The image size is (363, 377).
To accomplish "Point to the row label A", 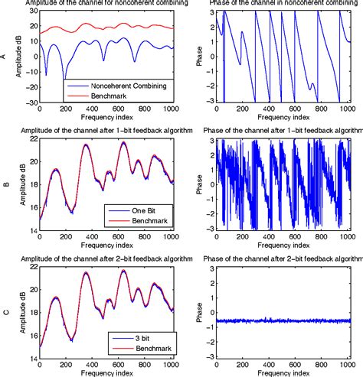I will pyautogui.click(x=8, y=56).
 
